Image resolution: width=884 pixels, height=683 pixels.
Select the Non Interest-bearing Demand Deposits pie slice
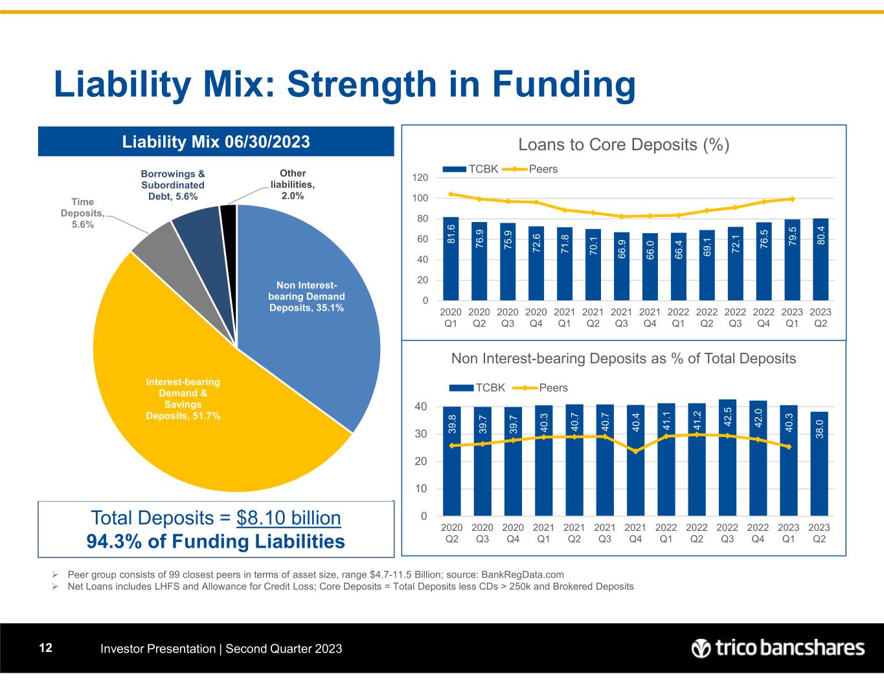tap(304, 298)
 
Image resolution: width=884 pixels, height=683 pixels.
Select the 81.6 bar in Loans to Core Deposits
tap(451, 258)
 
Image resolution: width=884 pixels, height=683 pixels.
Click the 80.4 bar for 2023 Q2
tap(821, 259)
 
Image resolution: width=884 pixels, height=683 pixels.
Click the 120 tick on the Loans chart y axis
tap(420, 177)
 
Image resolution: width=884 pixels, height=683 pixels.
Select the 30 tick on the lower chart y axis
tap(421, 434)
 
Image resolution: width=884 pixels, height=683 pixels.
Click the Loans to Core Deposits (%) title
tap(624, 145)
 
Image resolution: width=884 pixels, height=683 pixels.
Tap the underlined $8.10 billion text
tap(289, 518)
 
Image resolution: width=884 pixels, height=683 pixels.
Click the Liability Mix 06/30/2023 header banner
tap(216, 141)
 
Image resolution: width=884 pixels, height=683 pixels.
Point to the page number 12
tap(45, 648)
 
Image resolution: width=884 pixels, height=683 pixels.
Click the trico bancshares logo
tap(777, 648)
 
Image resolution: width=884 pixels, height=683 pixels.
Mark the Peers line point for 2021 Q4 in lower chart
tap(635, 451)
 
